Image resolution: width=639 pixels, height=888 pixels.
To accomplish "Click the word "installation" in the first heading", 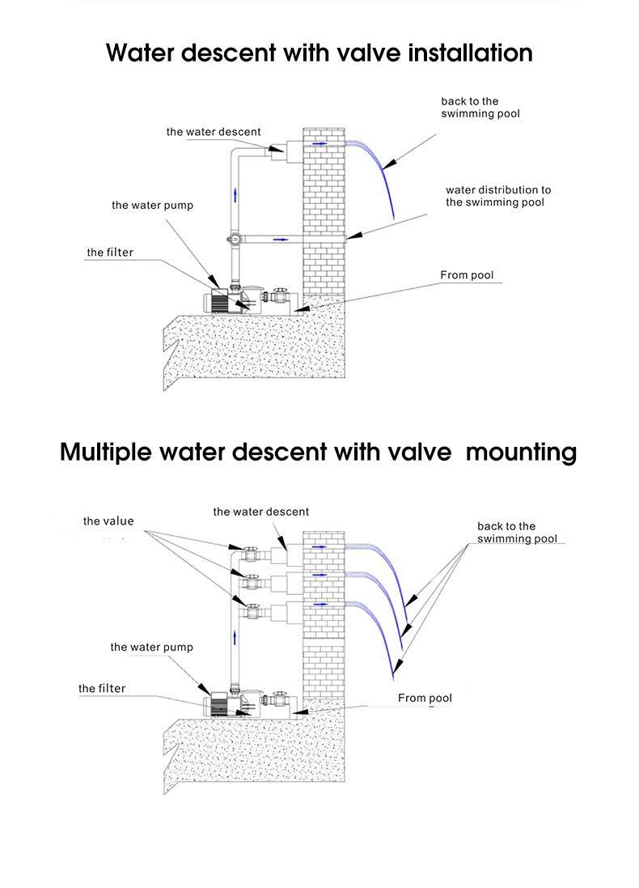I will (458, 53).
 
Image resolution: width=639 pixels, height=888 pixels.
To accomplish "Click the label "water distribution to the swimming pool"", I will (497, 196).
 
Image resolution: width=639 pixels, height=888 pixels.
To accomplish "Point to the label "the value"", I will (108, 521).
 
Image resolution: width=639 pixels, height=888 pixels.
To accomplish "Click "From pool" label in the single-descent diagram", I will (466, 275).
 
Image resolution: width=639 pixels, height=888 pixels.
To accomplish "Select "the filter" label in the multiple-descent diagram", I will (102, 689).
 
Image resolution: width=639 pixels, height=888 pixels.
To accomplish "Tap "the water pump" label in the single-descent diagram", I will (152, 206).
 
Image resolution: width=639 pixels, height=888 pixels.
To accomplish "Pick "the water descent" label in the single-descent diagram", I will (214, 132).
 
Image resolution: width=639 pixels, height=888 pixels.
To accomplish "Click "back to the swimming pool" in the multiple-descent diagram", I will (517, 533).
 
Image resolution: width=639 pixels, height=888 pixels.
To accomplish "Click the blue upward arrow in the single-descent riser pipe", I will (236, 193).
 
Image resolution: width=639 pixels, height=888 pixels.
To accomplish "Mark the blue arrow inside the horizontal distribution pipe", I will (281, 240).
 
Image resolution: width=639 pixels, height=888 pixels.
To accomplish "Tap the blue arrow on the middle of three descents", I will (319, 576).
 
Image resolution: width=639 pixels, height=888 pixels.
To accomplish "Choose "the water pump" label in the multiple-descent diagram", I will (151, 648).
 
